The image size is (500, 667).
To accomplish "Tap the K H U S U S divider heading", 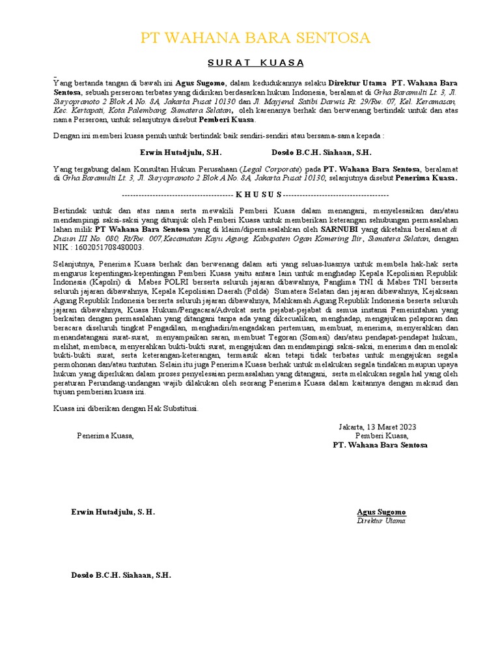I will tap(258, 194).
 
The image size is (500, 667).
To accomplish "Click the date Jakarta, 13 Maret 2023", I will tap(377, 427).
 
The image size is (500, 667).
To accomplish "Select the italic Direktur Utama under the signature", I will tap(381, 521).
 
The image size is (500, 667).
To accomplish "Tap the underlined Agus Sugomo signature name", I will tap(381, 512).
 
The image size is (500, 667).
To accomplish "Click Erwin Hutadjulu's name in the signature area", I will tap(113, 512).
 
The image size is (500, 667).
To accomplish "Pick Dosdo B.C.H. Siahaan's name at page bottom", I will tap(121, 576).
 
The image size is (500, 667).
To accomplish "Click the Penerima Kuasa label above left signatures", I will tap(105, 436).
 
